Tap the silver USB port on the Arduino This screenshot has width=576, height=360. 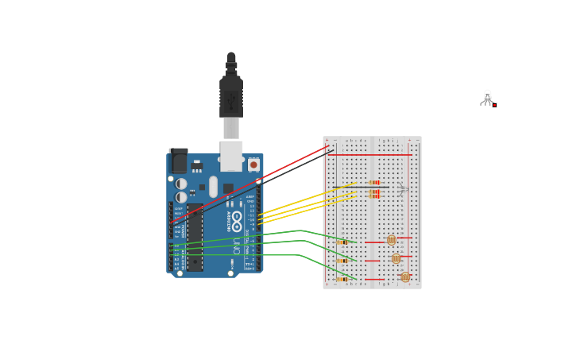pyautogui.click(x=231, y=156)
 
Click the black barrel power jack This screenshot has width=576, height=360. pyautogui.click(x=178, y=161)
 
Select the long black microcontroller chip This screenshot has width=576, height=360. pyautogui.click(x=195, y=237)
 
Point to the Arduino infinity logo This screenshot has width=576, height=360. pyautogui.click(x=237, y=216)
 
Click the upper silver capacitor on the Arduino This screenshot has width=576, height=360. pyautogui.click(x=182, y=184)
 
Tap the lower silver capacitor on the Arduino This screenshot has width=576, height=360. pyautogui.click(x=182, y=197)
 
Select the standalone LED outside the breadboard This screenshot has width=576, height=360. pyautogui.click(x=487, y=97)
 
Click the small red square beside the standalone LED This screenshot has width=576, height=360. pyautogui.click(x=494, y=104)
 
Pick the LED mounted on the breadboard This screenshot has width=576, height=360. pyautogui.click(x=403, y=189)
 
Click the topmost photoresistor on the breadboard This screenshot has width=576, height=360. pyautogui.click(x=391, y=239)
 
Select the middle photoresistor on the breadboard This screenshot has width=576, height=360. pyautogui.click(x=396, y=258)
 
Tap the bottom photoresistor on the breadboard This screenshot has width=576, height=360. pyautogui.click(x=405, y=277)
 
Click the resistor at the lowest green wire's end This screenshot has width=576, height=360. pyautogui.click(x=342, y=279)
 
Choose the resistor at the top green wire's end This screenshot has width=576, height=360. pyautogui.click(x=342, y=242)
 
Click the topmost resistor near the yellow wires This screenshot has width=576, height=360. pyautogui.click(x=374, y=182)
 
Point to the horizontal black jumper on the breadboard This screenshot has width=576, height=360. pyautogui.click(x=361, y=188)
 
